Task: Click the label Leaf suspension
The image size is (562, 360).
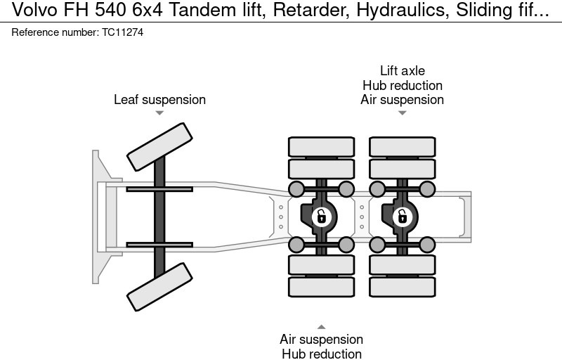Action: (159, 100)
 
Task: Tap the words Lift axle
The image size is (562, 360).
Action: (403, 71)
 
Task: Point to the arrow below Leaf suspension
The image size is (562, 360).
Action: (159, 113)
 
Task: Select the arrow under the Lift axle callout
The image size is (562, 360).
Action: (403, 113)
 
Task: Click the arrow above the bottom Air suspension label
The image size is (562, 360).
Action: (321, 326)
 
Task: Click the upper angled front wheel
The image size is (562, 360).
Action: (159, 146)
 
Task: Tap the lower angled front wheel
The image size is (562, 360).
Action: (159, 286)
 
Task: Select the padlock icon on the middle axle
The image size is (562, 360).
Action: (321, 216)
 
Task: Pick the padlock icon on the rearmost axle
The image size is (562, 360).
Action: (403, 216)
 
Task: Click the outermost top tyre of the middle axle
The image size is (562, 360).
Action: (321, 146)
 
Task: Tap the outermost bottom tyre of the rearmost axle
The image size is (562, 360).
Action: (403, 286)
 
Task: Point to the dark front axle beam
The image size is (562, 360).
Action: (159, 217)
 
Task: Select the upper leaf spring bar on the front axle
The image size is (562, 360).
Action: (159, 189)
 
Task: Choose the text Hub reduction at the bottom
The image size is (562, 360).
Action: (321, 354)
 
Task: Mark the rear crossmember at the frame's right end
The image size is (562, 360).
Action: (464, 216)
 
